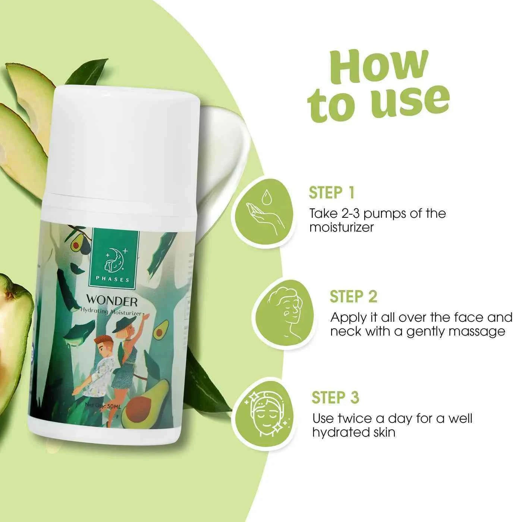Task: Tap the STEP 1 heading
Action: coord(331,193)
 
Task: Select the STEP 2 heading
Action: coord(353,296)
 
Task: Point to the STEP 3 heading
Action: coord(335,397)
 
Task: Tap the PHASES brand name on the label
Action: coord(113,279)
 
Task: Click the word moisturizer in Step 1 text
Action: coord(341,227)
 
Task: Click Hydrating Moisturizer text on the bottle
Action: coord(112,312)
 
